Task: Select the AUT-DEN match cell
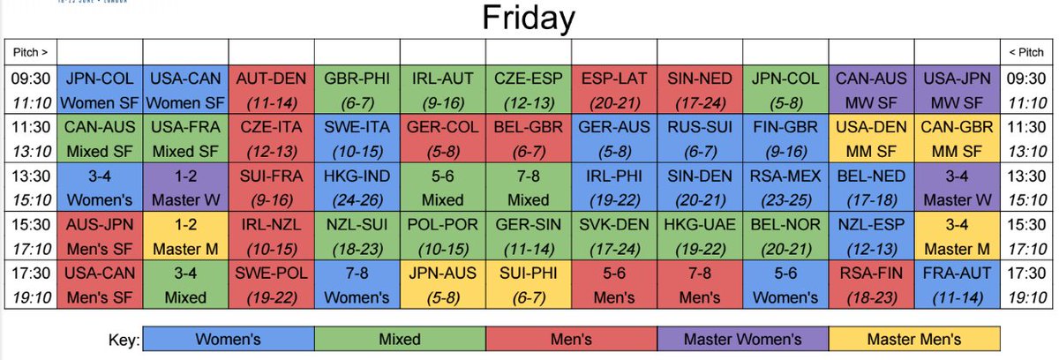click(272, 86)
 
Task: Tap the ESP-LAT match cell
click(613, 86)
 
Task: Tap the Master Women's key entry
click(742, 338)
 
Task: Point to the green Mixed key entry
click(400, 338)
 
